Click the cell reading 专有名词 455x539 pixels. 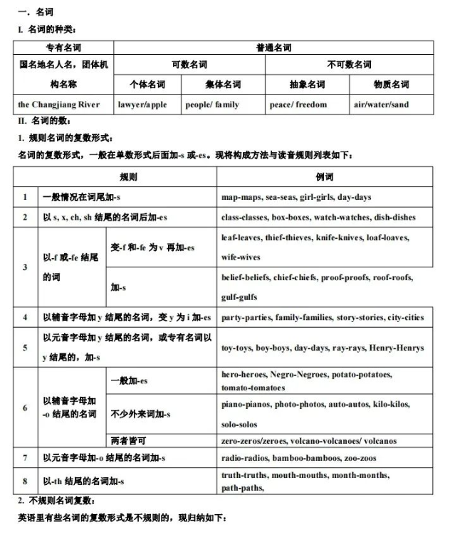(63, 48)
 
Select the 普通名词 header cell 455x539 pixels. (273, 48)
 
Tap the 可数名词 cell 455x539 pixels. (189, 65)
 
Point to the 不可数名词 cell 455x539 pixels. (349, 65)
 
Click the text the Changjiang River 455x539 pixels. (59, 105)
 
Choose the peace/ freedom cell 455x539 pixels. (298, 105)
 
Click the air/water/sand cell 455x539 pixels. (381, 105)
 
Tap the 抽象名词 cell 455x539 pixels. (307, 85)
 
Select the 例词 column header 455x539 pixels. (325, 177)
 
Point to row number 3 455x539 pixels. (25, 267)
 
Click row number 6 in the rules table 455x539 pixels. (25, 407)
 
